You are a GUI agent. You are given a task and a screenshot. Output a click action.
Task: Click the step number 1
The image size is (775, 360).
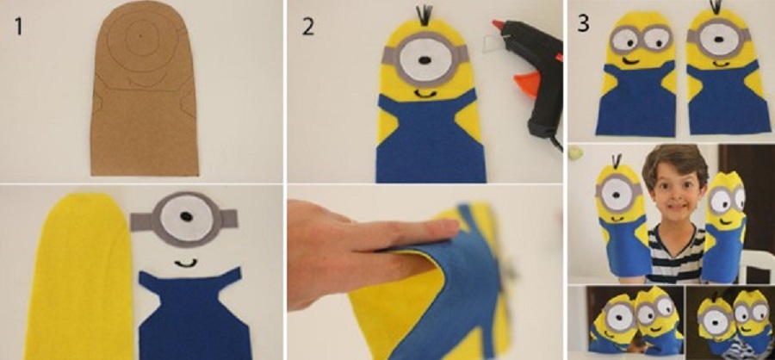(x=18, y=27)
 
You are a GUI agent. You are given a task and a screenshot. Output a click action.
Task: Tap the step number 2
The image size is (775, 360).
(x=308, y=28)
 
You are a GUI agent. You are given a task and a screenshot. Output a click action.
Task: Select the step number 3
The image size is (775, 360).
(x=583, y=24)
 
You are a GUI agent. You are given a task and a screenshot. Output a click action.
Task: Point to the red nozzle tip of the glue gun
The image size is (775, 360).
(x=496, y=24)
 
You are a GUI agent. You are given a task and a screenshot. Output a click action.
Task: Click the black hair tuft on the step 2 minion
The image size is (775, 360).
(x=424, y=15)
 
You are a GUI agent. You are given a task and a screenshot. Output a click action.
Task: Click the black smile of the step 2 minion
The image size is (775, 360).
(x=425, y=93)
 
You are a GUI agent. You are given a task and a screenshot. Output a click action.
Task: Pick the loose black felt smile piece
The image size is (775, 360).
(x=185, y=263)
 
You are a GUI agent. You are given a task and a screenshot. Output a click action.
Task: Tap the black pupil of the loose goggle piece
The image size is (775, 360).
(x=186, y=216)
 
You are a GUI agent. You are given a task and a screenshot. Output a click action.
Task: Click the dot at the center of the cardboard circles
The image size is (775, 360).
(x=140, y=36)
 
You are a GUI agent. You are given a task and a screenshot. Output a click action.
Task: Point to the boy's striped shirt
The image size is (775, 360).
(x=674, y=252)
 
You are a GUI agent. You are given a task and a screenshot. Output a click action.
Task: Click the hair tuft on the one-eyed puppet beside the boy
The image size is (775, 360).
(x=617, y=161)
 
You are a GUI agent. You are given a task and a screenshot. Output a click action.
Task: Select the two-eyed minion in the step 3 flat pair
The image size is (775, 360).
(x=636, y=74)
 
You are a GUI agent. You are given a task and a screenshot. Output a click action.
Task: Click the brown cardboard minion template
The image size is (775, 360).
(x=145, y=89)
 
